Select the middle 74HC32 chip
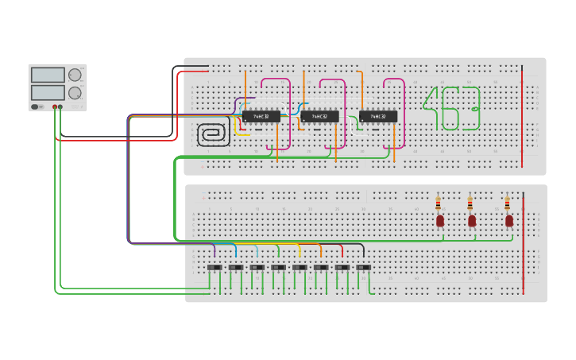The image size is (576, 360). point(320,116)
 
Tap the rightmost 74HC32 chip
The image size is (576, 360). point(378,116)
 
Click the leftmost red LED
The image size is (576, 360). point(440,220)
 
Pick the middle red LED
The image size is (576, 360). point(471,220)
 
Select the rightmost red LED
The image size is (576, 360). point(509,220)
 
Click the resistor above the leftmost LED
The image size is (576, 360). point(439,203)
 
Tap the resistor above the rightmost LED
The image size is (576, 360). point(508,203)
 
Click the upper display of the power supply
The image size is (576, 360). point(48,75)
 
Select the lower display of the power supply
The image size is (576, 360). point(48,92)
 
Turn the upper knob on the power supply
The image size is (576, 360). point(75,75)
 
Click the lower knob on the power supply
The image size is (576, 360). point(75,92)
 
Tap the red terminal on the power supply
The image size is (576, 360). point(55,106)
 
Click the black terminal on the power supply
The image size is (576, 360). point(60,106)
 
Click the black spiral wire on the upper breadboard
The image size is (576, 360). point(213,134)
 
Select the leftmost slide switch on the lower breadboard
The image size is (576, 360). point(215,268)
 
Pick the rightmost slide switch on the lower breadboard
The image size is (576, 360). point(362,268)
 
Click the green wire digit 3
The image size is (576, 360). point(470,108)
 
